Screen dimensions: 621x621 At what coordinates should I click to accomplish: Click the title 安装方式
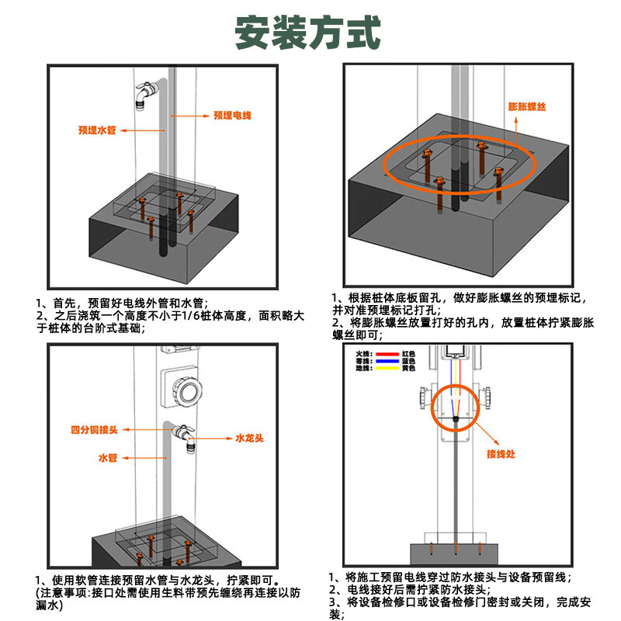click(x=309, y=33)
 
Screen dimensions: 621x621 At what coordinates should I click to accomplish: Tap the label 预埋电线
click(x=232, y=115)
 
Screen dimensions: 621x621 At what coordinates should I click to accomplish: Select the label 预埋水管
click(x=97, y=131)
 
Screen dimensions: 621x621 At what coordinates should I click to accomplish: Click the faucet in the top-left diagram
click(x=146, y=93)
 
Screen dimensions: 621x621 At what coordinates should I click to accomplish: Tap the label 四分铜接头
click(x=93, y=429)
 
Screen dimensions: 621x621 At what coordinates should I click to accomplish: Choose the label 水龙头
click(x=250, y=438)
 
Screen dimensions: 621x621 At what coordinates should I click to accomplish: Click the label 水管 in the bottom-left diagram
click(x=107, y=459)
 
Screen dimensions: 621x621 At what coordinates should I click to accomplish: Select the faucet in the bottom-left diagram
click(x=184, y=437)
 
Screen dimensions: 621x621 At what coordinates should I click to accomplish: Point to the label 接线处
click(x=501, y=453)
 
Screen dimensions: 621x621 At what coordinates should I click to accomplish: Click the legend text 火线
click(x=361, y=354)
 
